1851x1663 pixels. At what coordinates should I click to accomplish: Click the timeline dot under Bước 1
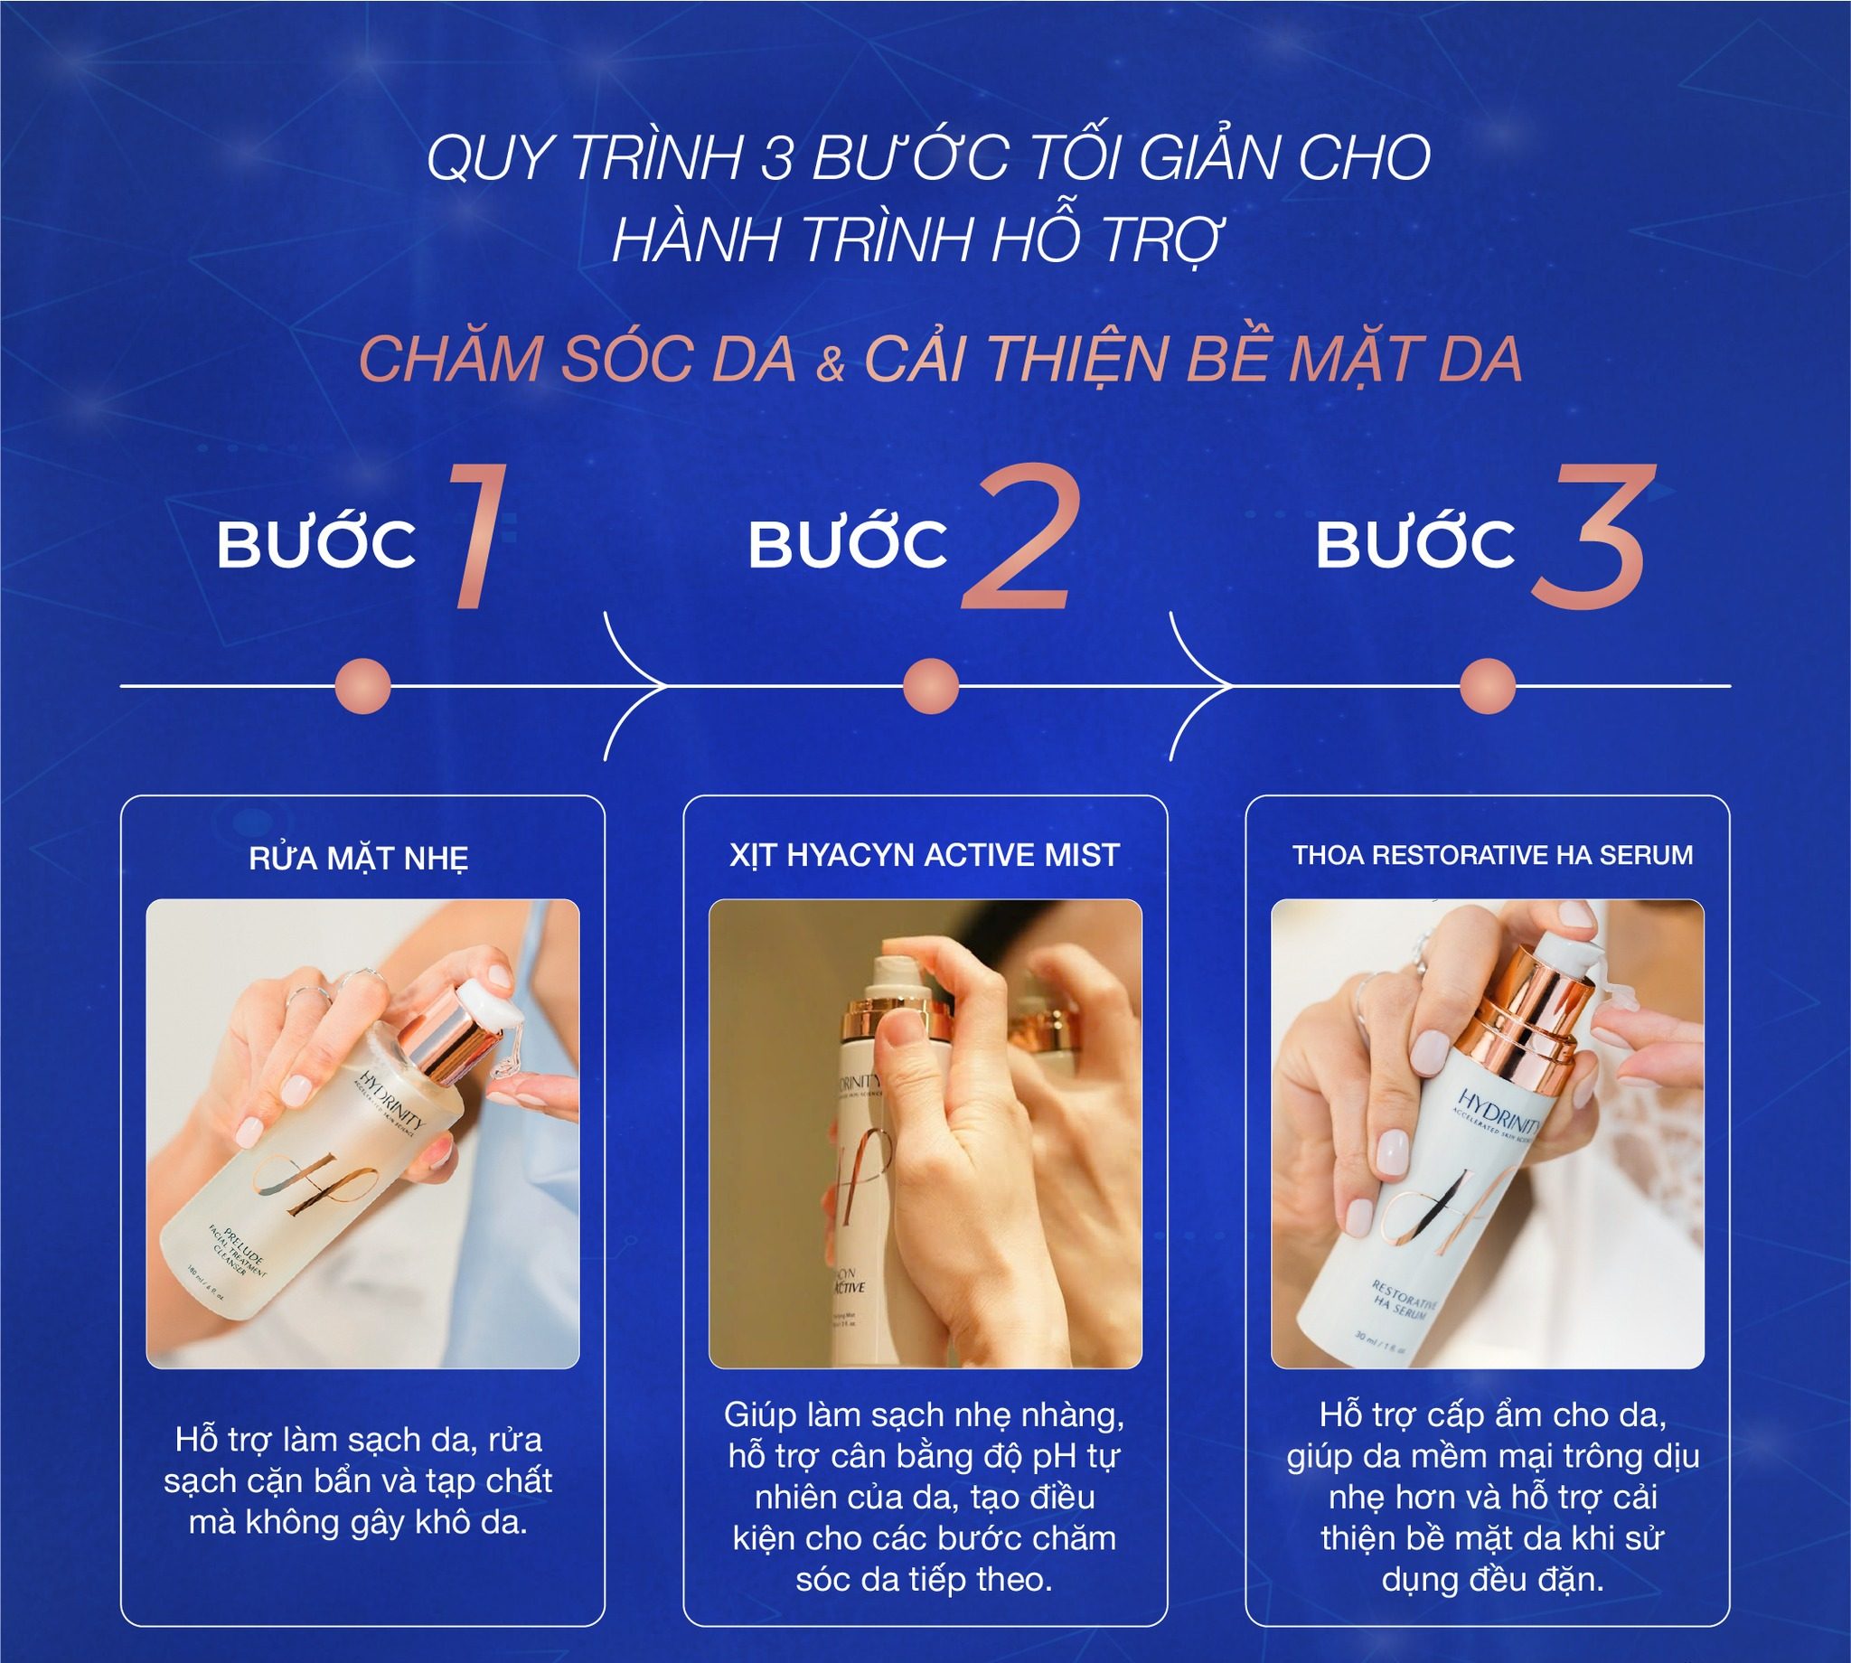[x=362, y=685]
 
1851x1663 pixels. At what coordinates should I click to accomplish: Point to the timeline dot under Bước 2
[x=930, y=685]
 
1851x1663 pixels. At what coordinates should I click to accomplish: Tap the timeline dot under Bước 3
[x=1488, y=685]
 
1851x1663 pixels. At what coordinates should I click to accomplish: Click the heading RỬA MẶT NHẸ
[x=358, y=858]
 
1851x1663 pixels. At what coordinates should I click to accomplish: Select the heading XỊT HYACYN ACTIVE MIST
[x=925, y=855]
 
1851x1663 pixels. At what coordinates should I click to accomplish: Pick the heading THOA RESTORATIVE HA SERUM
[x=1492, y=855]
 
